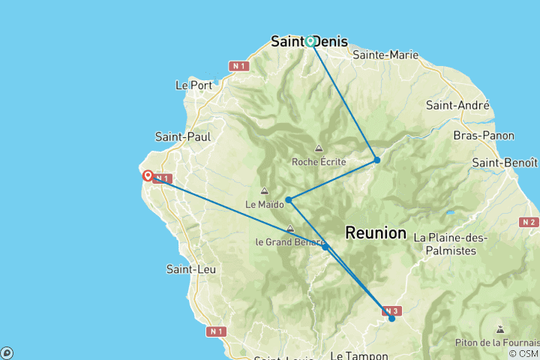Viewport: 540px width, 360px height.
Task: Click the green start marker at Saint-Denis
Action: tap(310, 41)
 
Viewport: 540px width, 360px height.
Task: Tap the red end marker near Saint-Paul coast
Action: tap(148, 176)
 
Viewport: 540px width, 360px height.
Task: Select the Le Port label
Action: tap(193, 85)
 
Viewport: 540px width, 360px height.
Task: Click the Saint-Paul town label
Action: tap(183, 136)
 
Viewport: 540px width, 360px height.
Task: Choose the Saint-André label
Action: tap(458, 106)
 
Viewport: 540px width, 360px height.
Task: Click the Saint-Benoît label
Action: tap(505, 162)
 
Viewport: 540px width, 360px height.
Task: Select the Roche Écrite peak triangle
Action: tap(319, 148)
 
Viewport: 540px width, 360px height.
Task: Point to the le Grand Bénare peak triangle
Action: tap(290, 229)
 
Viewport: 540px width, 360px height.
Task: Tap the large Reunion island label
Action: tap(376, 233)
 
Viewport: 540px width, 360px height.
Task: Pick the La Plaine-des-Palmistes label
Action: tap(450, 244)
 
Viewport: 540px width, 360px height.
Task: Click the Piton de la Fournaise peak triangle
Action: tap(500, 328)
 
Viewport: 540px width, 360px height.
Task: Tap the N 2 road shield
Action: tap(529, 222)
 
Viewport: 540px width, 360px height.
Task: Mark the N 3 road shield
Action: tap(391, 310)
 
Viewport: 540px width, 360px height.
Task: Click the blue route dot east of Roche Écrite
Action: tap(377, 160)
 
